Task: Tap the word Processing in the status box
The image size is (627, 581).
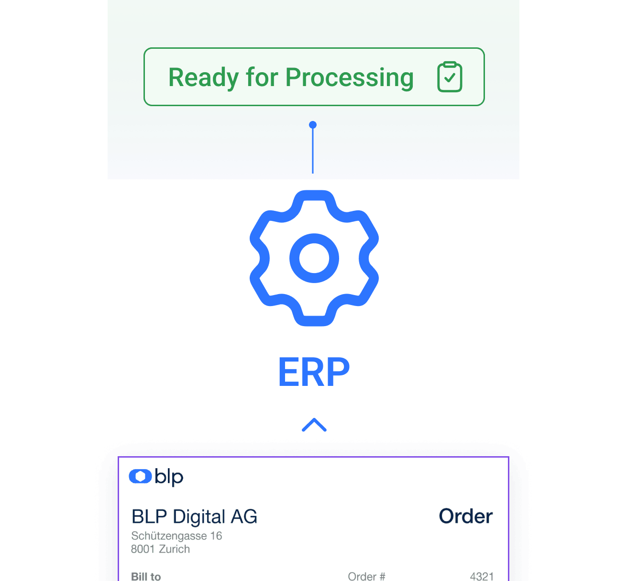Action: (x=349, y=77)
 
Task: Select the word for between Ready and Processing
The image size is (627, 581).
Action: (x=262, y=77)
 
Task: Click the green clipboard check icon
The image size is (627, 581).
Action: (x=450, y=77)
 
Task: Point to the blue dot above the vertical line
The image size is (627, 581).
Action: (x=313, y=125)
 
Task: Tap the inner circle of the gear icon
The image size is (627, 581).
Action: (x=314, y=258)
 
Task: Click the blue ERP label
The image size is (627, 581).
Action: (x=314, y=373)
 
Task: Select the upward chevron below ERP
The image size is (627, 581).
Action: (x=314, y=425)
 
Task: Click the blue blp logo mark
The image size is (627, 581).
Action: (x=140, y=476)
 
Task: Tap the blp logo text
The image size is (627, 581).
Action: (x=169, y=477)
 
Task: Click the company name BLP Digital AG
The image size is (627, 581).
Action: (x=194, y=517)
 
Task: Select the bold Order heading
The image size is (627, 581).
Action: (x=465, y=516)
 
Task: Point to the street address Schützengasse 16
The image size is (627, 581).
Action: (x=176, y=536)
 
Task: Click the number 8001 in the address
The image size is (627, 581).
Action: (x=143, y=549)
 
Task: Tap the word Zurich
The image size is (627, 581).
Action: (x=175, y=549)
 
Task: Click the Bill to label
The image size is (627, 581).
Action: (x=146, y=576)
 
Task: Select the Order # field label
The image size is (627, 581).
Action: (x=366, y=576)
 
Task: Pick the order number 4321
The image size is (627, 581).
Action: (x=482, y=576)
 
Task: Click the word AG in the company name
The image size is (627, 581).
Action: (x=244, y=517)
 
